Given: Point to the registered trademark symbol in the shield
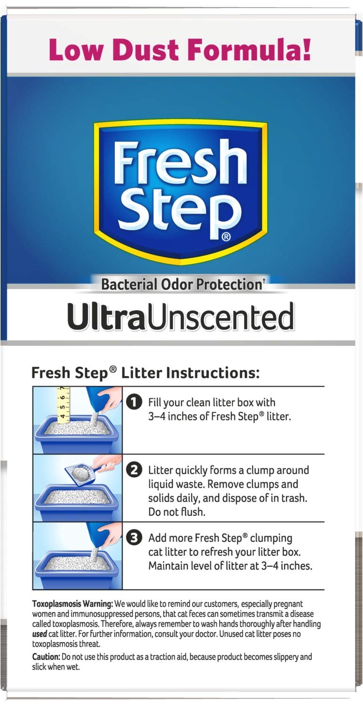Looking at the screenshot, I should [x=226, y=237].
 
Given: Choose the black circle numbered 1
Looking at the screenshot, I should [x=135, y=402].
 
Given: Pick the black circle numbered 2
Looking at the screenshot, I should [x=135, y=470].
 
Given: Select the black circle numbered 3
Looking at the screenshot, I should [x=135, y=538].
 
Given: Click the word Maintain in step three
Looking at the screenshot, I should [x=168, y=566].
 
